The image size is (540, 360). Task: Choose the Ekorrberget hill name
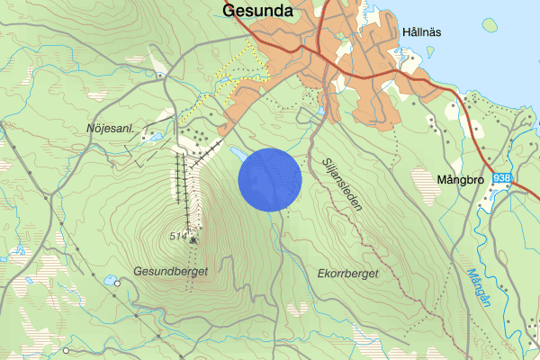pos(348,273)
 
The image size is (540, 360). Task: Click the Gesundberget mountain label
pos(170,270)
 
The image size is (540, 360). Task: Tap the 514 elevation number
pos(181,236)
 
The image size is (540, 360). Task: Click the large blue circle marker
pos(269,180)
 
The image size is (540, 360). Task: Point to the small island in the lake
pos(489,25)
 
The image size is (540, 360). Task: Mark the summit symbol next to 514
pos(193,239)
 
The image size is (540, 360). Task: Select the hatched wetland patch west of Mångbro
pos(423,184)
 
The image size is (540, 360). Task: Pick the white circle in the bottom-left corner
pos(66,349)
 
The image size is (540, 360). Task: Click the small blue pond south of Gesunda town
pos(321,112)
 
